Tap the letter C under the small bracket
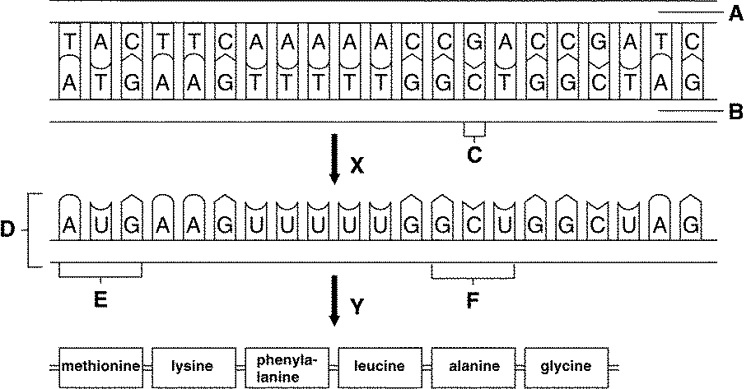coord(474,152)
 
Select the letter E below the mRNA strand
coord(100,300)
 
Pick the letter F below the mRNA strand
coord(473,300)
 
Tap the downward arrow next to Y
coord(334,301)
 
